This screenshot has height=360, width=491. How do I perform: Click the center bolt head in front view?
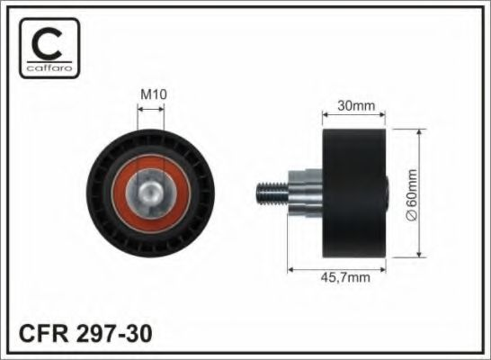[x=150, y=190]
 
